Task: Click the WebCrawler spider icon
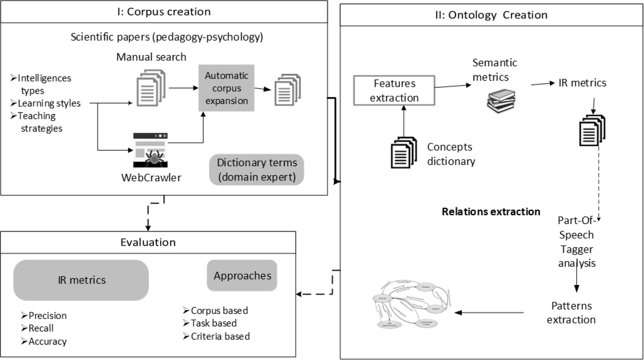tap(150, 150)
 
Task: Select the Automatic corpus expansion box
tap(226, 88)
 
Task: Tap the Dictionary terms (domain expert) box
tap(257, 170)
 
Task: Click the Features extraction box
tap(394, 90)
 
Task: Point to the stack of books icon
tap(501, 101)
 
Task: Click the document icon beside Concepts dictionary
tap(404, 152)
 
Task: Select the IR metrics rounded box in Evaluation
tap(81, 280)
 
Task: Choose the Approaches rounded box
tap(242, 275)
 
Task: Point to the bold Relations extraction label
tap(491, 212)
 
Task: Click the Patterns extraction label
tap(571, 313)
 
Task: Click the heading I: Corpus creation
tap(164, 12)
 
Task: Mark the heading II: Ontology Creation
tap(491, 15)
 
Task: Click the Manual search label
tap(151, 57)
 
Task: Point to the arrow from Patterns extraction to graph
tap(489, 313)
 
